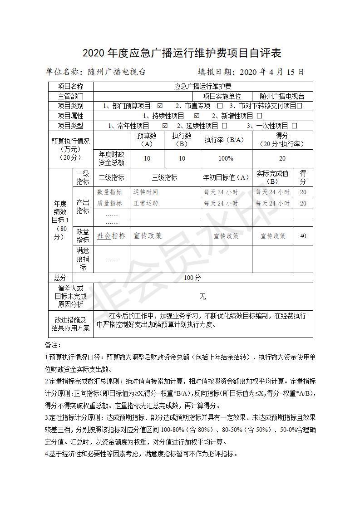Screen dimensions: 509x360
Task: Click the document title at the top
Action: [182, 53]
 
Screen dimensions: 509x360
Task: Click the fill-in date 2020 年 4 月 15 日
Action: [271, 72]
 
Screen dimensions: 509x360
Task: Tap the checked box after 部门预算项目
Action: [160, 106]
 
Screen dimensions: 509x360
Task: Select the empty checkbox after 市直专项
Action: [220, 106]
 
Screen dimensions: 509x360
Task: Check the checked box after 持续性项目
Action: [197, 116]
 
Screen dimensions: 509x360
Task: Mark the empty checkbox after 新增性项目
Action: [259, 116]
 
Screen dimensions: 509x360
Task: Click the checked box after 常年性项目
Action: [165, 126]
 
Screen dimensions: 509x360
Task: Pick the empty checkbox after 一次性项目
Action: [294, 126]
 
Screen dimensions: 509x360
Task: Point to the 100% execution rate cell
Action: [226, 158]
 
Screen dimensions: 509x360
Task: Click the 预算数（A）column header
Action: [147, 140]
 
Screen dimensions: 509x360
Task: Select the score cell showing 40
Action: [303, 236]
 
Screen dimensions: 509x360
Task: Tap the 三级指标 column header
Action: [164, 177]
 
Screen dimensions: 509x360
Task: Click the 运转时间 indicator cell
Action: [146, 192]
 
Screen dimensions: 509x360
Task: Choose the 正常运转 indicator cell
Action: [146, 203]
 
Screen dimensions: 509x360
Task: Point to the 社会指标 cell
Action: [111, 236]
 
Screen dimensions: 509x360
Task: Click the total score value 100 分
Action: [192, 278]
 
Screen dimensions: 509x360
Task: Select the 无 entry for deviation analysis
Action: [202, 296]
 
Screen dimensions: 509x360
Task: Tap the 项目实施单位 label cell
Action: [222, 96]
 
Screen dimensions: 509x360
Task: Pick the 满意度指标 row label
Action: [83, 259]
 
